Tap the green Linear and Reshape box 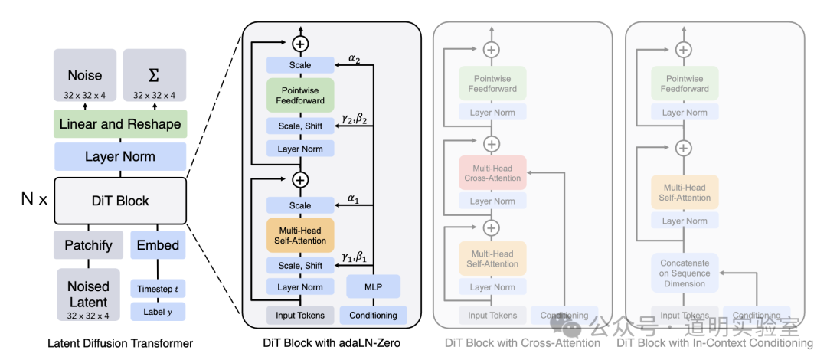pos(120,124)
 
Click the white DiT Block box pos(120,201)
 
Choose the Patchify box pos(88,245)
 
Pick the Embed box pos(158,245)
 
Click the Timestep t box pos(158,289)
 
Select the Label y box pos(158,312)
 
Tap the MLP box pos(374,287)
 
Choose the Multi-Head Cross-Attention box pos(492,172)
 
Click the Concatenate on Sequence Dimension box pos(685,273)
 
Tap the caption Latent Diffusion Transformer pos(120,343)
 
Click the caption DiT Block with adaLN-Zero pos(332,343)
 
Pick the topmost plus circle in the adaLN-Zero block pos(300,44)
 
